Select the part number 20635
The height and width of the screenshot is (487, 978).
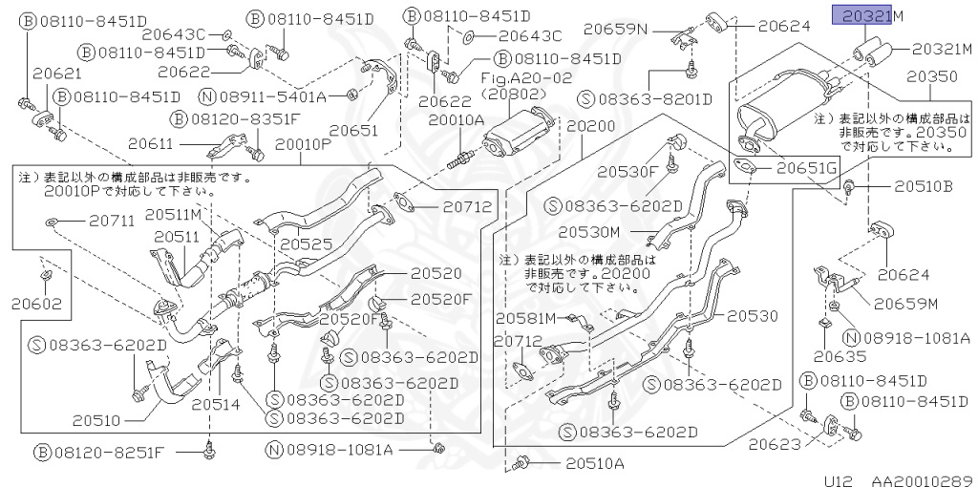click(x=840, y=357)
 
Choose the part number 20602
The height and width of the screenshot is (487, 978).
click(x=37, y=305)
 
